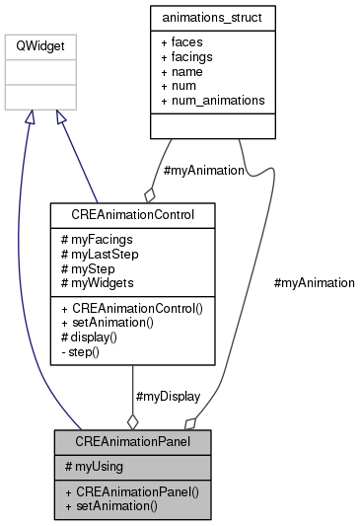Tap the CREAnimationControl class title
(131, 214)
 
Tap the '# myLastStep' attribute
(101, 254)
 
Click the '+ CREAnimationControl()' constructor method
(131, 308)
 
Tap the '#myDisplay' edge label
(167, 396)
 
